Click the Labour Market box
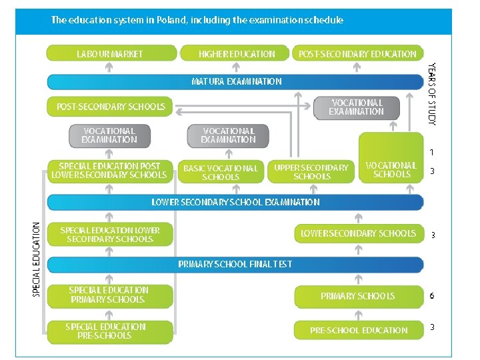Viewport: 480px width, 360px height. tap(110, 53)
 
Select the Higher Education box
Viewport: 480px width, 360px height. tap(236, 53)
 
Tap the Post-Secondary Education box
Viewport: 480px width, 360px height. tap(357, 53)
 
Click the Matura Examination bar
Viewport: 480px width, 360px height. tap(235, 81)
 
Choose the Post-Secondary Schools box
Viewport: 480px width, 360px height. tap(111, 107)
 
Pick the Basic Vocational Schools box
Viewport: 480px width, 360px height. tap(220, 173)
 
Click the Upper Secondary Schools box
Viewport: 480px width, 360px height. tap(311, 172)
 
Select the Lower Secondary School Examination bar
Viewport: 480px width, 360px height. tap(235, 202)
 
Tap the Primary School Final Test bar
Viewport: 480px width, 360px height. tap(235, 264)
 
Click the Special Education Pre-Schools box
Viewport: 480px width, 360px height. tap(110, 331)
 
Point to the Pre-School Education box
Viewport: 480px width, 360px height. tap(359, 330)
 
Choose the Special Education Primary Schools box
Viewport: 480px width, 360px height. tap(110, 295)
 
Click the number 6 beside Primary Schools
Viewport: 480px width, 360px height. tap(432, 295)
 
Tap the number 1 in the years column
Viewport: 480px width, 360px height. tap(432, 153)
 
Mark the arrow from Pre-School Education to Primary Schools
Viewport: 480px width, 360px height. tap(359, 313)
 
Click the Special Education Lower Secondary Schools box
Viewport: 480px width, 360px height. tap(110, 233)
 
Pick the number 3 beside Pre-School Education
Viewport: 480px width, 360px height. tap(432, 327)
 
